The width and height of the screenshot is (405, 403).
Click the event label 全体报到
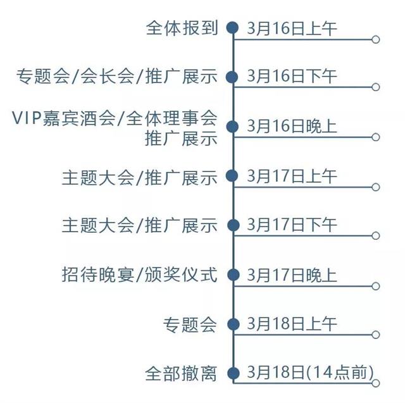pos(182,28)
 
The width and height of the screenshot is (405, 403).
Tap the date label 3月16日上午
pos(292,28)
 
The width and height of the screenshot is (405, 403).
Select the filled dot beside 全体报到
pos(233,28)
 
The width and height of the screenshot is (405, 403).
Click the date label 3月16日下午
pos(292,77)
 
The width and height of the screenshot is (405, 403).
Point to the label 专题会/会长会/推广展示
pos(117,77)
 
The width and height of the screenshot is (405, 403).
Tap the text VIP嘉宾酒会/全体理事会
pos(115,118)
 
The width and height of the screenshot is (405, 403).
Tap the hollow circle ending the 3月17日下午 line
pos(376,236)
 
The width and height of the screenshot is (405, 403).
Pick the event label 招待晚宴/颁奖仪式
pos(140,275)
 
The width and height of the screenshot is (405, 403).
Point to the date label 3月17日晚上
pos(292,275)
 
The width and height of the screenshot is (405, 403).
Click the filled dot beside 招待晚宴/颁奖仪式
pos(233,275)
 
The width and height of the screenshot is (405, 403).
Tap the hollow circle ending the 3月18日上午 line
pos(376,335)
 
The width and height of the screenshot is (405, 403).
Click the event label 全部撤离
pos(182,373)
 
